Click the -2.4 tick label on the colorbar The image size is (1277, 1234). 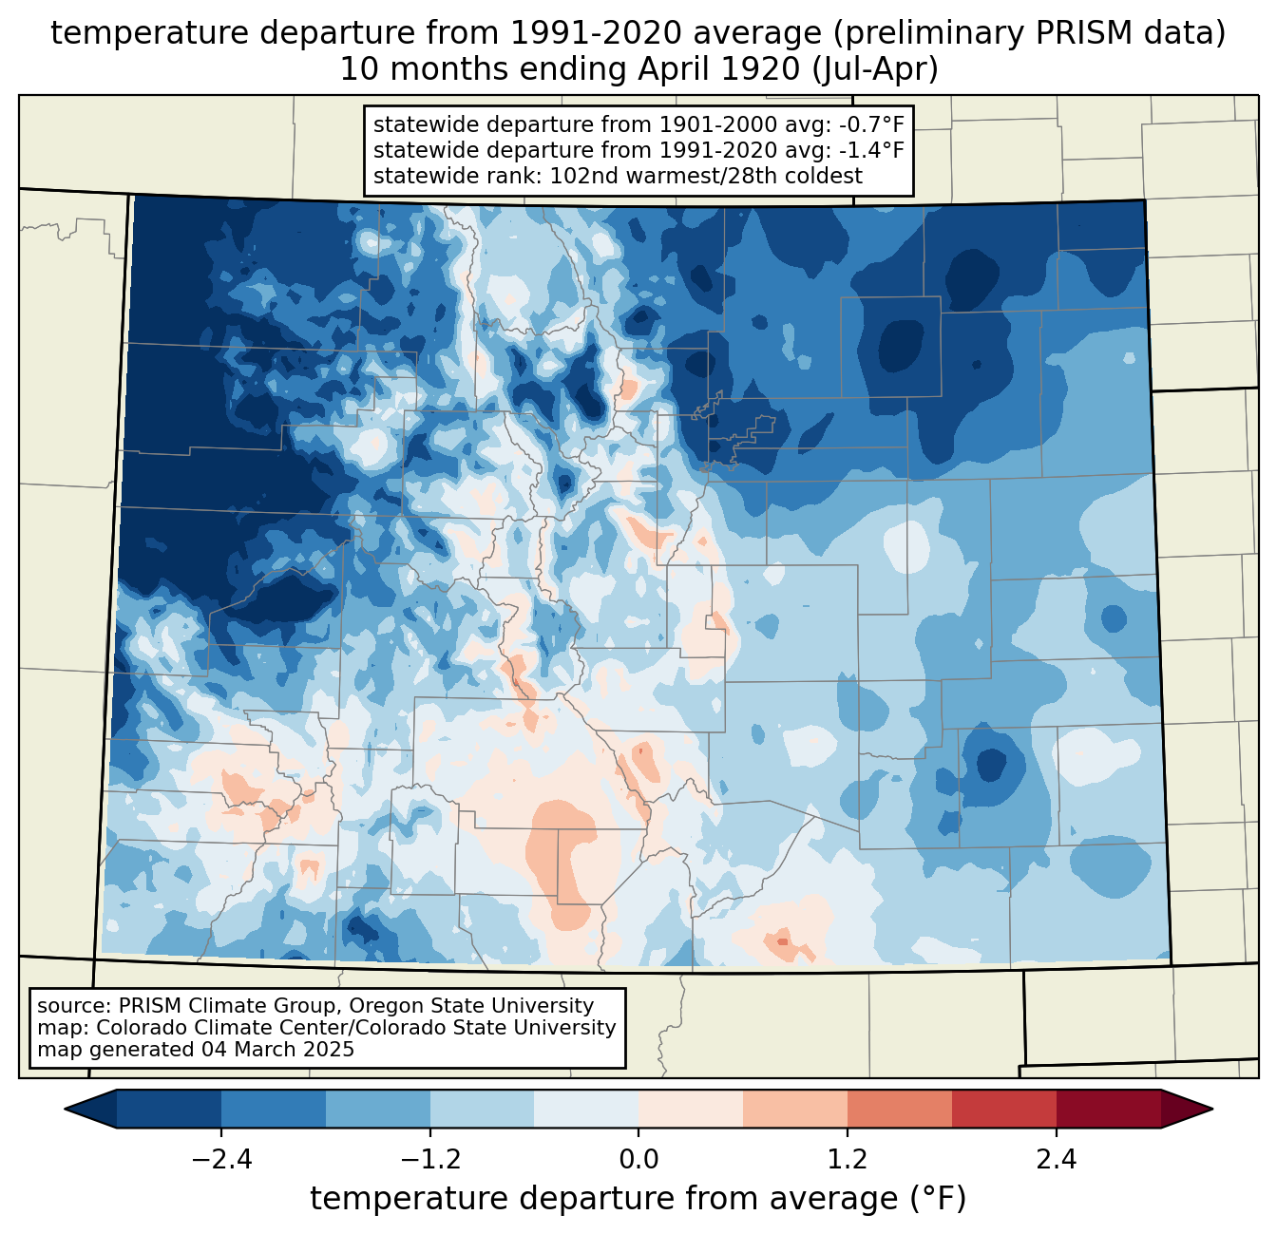point(221,1160)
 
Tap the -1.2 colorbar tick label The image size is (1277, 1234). point(429,1160)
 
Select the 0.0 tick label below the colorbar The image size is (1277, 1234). point(638,1160)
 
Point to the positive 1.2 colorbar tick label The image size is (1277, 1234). point(848,1160)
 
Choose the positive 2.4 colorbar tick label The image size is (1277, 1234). point(1056,1160)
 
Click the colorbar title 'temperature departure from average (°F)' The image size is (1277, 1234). point(638,1199)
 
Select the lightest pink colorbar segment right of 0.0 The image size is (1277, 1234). point(691,1109)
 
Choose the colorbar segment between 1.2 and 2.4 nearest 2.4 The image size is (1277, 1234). point(1003,1109)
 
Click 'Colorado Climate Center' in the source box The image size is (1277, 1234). point(212,1028)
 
